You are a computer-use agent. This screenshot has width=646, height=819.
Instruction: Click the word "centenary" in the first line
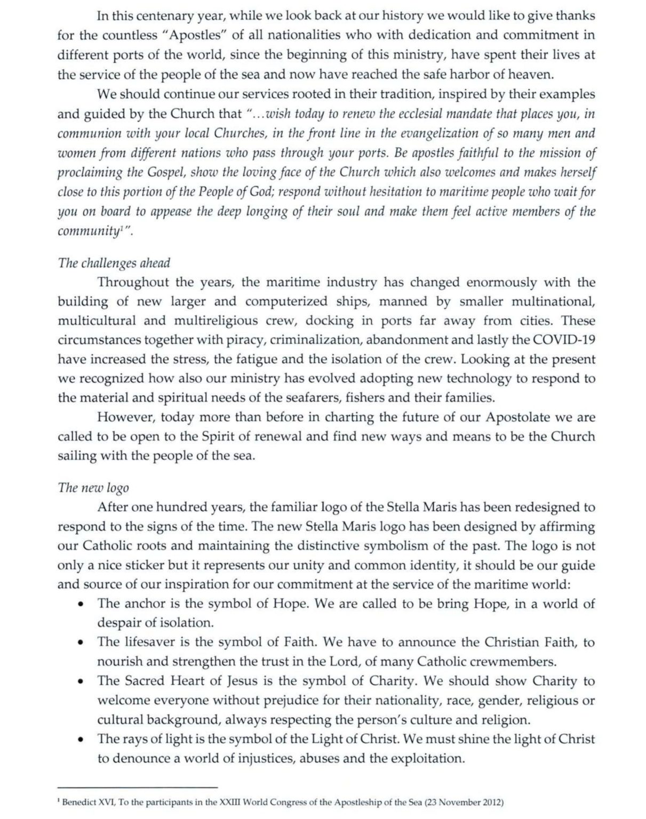(165, 16)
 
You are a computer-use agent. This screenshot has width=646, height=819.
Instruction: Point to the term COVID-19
(565, 340)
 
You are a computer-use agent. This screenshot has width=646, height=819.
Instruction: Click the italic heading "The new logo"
(93, 487)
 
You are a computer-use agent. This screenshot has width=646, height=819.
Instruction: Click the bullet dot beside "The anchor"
(81, 605)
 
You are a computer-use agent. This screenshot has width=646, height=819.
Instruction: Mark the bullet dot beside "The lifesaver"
(81, 643)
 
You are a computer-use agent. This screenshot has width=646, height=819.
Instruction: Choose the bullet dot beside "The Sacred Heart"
(81, 682)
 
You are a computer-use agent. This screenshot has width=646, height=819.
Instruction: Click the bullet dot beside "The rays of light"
(81, 740)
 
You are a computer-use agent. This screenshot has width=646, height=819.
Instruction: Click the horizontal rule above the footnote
(138, 787)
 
